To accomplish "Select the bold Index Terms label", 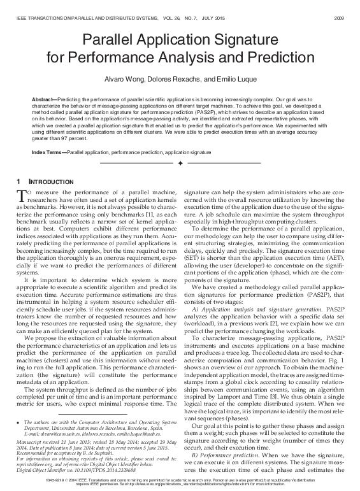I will click(x=47, y=154).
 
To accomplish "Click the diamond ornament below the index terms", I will click(x=180, y=164).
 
